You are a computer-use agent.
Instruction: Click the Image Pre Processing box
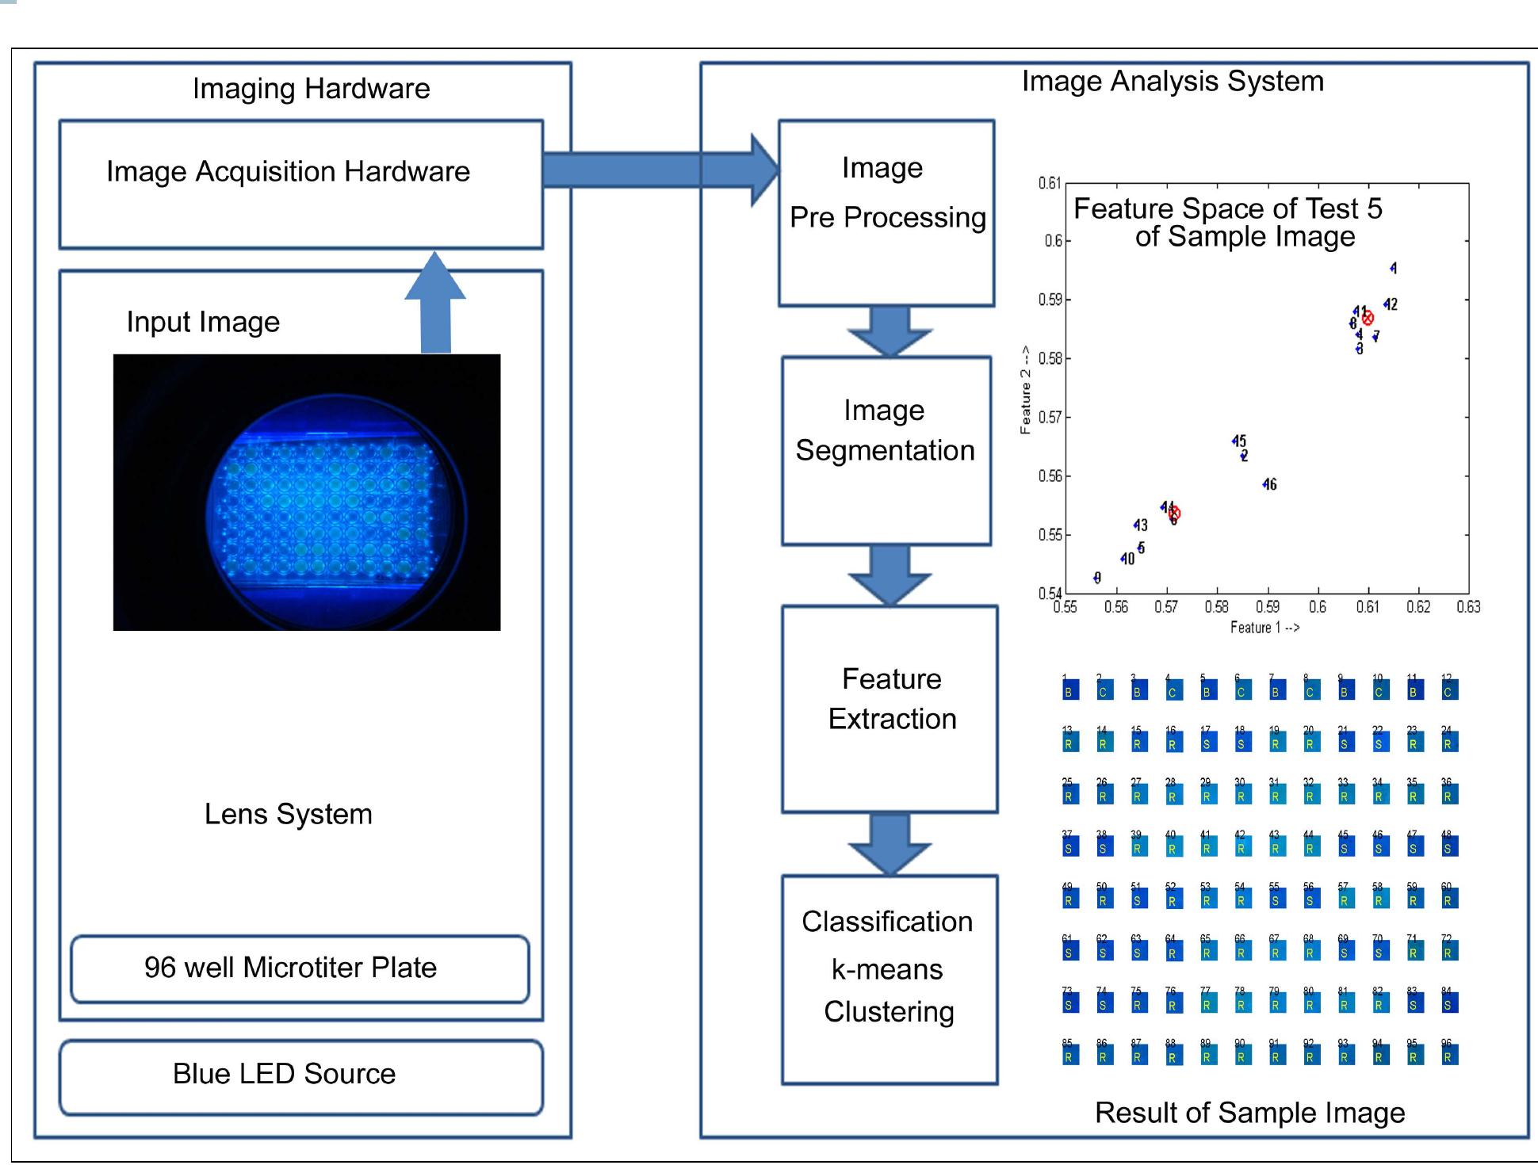click(x=886, y=213)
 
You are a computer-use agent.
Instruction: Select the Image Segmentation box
click(x=886, y=450)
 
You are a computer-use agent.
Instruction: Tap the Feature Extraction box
click(x=890, y=709)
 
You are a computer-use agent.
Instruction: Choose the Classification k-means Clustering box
click(x=890, y=979)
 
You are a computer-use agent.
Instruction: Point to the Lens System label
click(x=288, y=814)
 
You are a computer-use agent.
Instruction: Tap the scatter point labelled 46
click(x=1266, y=484)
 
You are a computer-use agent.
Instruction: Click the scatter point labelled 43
click(x=1136, y=525)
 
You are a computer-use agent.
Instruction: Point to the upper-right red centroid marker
click(x=1368, y=319)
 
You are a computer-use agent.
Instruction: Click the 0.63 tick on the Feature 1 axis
click(x=1468, y=607)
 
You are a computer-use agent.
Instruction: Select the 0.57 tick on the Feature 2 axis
click(x=1050, y=418)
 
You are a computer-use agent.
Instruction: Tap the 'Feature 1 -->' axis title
click(x=1264, y=628)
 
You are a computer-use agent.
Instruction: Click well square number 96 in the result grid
click(x=1448, y=1056)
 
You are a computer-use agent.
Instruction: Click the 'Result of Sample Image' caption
click(x=1249, y=1113)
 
